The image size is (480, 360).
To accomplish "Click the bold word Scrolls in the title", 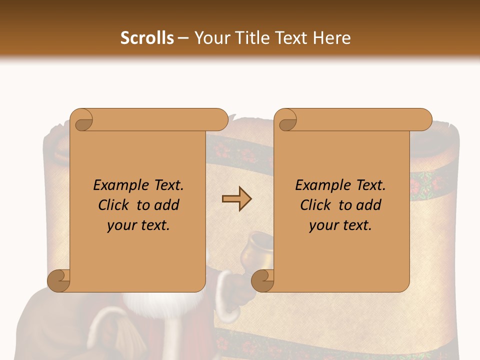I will coord(147,38).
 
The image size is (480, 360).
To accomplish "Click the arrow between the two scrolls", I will coord(236,199).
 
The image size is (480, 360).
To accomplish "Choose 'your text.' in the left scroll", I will coord(138,225).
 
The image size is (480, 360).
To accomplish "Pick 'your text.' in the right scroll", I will coord(340,225).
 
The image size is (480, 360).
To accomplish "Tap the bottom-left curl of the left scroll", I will coord(59,280).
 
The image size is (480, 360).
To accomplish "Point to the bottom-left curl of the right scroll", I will coord(262,280).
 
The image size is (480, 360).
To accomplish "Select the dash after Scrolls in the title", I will coord(183,38).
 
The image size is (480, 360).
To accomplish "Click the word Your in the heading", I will coord(210,38).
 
